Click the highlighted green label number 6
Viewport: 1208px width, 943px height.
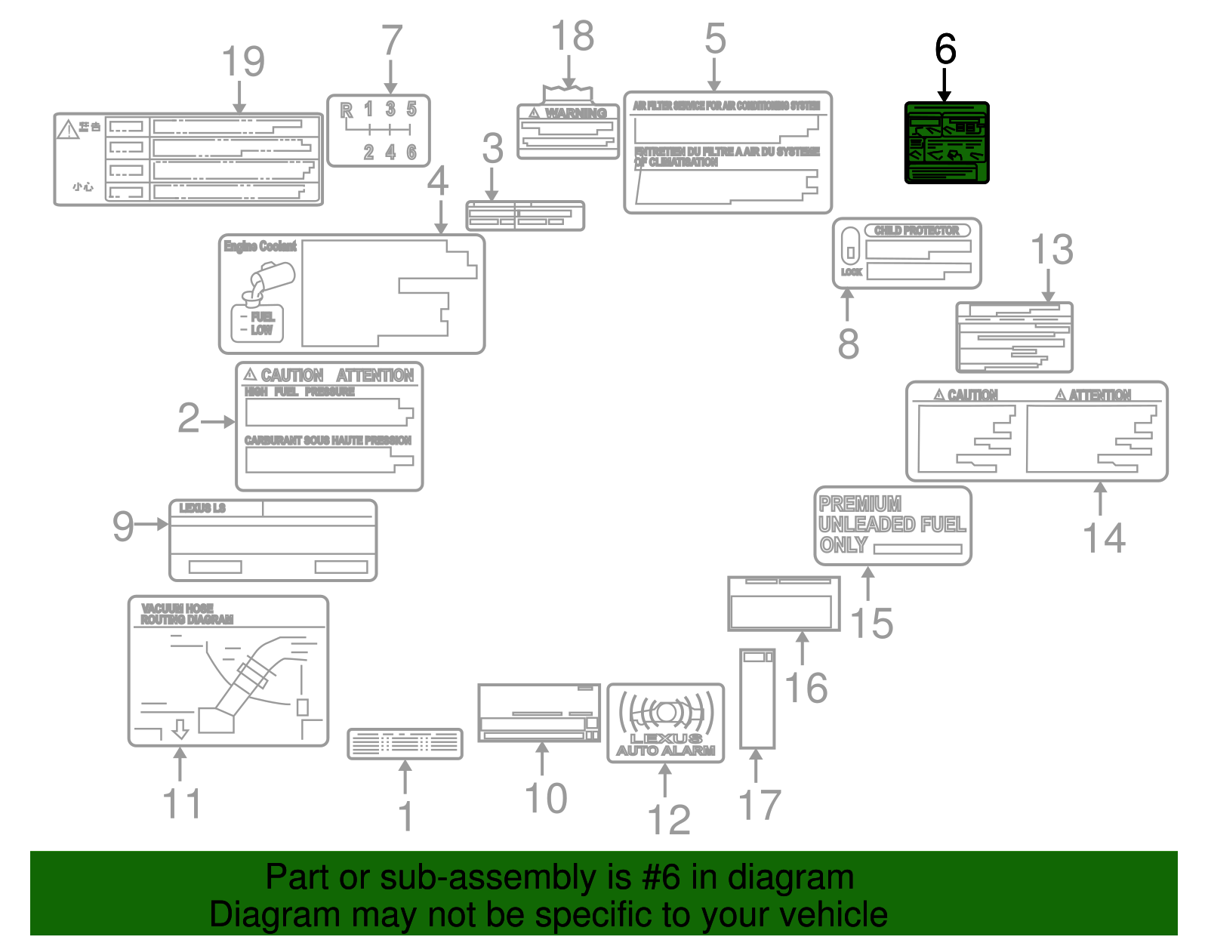[x=947, y=143]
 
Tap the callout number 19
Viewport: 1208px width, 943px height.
[x=243, y=62]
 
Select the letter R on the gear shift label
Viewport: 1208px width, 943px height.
[x=347, y=111]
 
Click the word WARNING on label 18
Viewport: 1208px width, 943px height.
[x=575, y=113]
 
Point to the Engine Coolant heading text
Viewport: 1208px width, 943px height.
[x=260, y=246]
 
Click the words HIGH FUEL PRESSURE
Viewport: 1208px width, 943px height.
[x=299, y=392]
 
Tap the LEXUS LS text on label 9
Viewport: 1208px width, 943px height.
[x=202, y=508]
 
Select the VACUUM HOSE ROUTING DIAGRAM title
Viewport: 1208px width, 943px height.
[x=186, y=614]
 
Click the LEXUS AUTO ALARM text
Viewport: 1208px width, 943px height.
[x=665, y=744]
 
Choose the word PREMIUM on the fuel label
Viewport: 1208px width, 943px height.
[x=860, y=504]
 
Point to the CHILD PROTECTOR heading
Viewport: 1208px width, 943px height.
[x=917, y=230]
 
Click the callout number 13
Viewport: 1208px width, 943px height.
[x=1052, y=250]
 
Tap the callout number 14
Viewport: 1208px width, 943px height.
[x=1104, y=538]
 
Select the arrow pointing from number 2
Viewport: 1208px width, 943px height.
[x=219, y=421]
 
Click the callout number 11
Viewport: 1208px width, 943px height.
[x=182, y=803]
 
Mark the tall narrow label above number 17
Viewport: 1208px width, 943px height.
[x=757, y=698]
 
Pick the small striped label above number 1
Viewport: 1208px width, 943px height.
[x=405, y=744]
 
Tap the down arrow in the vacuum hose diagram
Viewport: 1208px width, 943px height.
[x=180, y=729]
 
